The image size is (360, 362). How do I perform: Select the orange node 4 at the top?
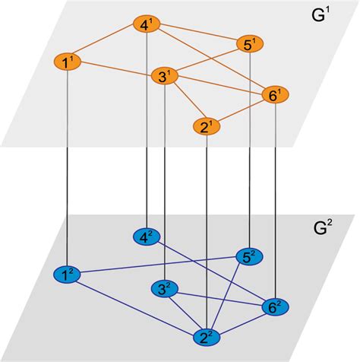tap(146, 26)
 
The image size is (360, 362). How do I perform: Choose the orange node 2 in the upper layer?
tap(206, 126)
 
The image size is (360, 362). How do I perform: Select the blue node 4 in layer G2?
tap(146, 237)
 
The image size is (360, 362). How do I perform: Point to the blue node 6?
tap(274, 308)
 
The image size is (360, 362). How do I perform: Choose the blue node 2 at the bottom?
tap(206, 337)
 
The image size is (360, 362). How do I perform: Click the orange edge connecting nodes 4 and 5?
tap(197, 34)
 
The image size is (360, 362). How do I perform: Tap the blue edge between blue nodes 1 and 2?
tap(137, 305)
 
